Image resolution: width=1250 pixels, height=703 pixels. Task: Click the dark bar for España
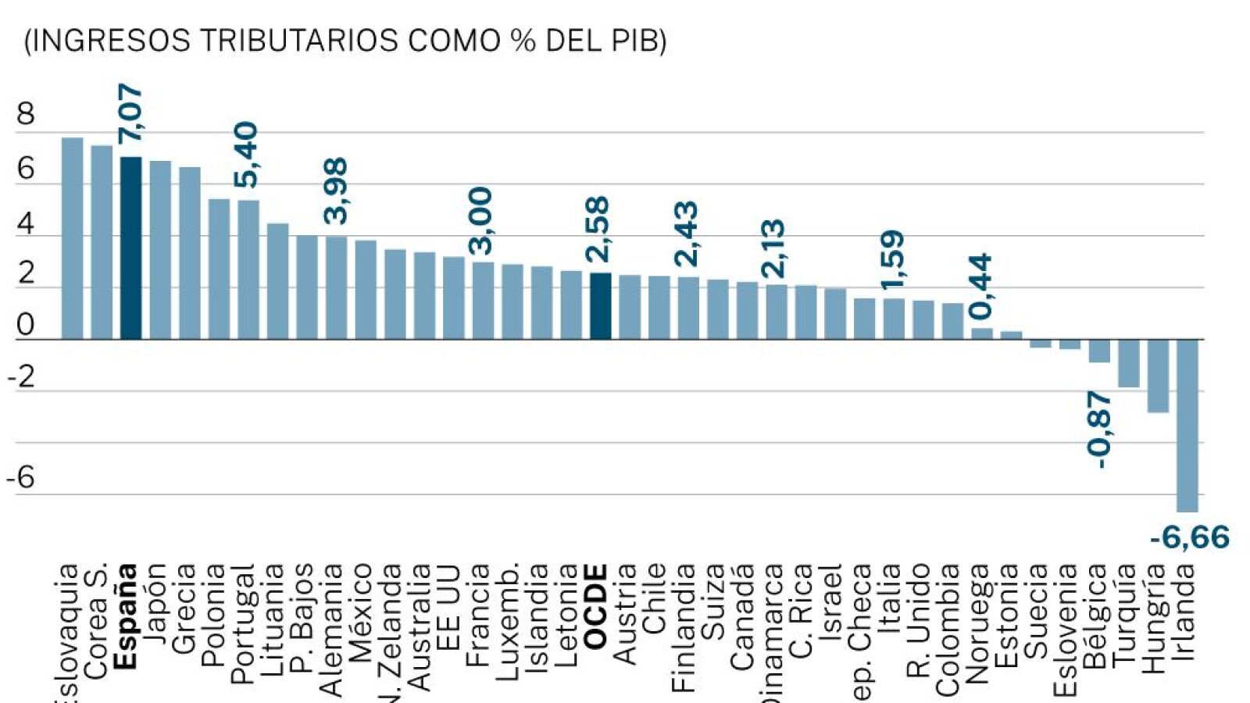(x=130, y=248)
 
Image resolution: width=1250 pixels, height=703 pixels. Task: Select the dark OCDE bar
(x=600, y=306)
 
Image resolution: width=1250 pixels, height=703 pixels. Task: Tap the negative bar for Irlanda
(x=1187, y=426)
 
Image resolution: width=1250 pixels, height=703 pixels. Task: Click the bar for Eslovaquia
(x=72, y=238)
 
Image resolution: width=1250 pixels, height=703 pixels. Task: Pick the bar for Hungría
(x=1158, y=376)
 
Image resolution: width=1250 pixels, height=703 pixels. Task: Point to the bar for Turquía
(x=1128, y=363)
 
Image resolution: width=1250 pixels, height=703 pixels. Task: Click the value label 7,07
(x=130, y=114)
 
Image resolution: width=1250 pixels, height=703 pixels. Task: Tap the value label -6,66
(x=1189, y=537)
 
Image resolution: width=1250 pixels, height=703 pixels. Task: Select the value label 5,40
(x=245, y=155)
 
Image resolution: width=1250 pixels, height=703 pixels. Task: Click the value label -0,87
(x=1099, y=430)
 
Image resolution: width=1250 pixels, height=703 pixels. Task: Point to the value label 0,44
(x=980, y=286)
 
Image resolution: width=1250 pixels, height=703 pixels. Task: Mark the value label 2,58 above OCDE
(x=598, y=229)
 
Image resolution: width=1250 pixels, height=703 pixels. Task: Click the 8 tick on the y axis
(x=26, y=115)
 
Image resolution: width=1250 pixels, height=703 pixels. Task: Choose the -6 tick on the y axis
(x=21, y=477)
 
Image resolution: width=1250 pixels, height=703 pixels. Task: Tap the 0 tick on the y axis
(x=26, y=325)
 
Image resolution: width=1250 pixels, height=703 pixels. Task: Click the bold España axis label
(x=125, y=617)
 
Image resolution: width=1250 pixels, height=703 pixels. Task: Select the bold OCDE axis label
(x=595, y=607)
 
